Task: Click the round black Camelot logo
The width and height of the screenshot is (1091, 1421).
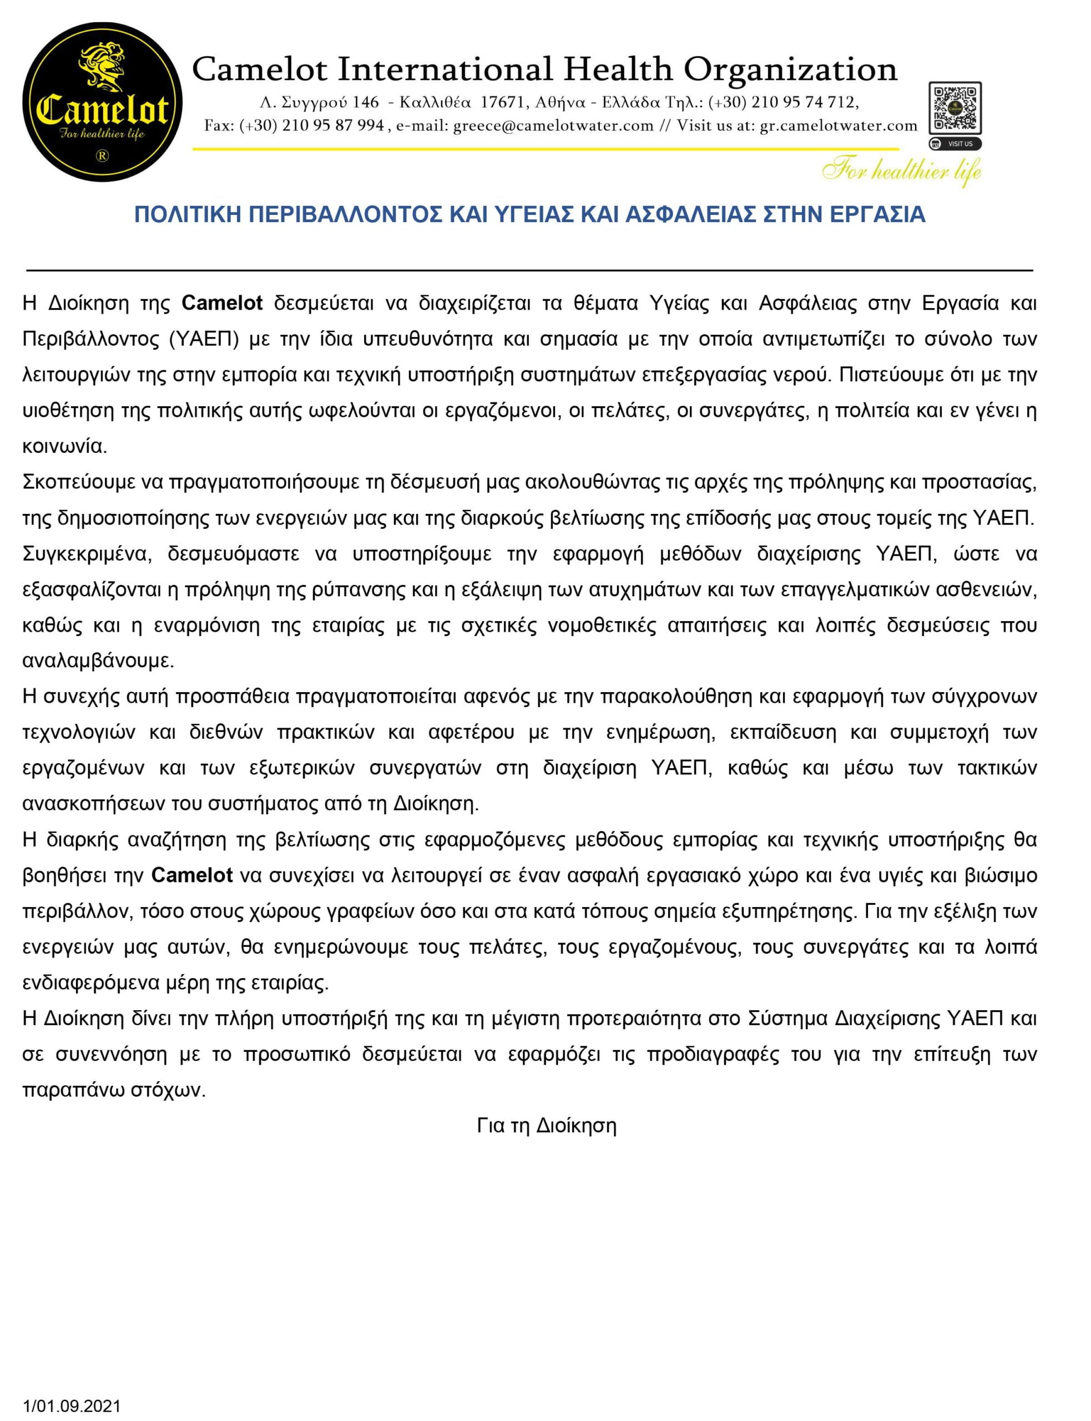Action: click(102, 103)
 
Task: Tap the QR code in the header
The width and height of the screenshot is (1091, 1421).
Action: click(954, 108)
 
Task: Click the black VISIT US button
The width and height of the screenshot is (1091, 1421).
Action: click(954, 144)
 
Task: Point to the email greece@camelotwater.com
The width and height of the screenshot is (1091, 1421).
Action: click(553, 126)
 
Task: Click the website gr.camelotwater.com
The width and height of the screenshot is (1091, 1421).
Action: click(839, 126)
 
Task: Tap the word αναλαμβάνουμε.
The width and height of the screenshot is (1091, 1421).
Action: click(98, 661)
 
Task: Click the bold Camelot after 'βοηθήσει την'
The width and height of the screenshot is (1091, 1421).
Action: click(192, 875)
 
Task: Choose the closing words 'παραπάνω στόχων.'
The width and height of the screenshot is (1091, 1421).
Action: click(114, 1090)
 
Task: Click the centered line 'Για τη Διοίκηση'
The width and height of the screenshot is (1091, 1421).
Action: click(546, 1126)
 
